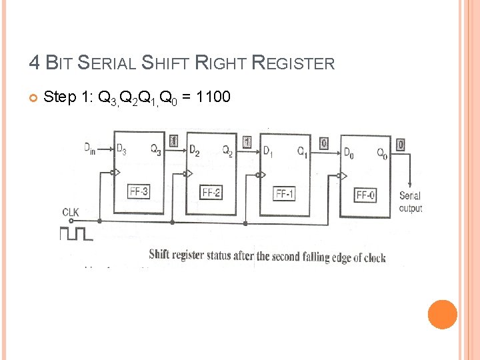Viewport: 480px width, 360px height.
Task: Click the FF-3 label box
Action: click(x=139, y=192)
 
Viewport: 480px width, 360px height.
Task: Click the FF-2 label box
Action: click(x=212, y=193)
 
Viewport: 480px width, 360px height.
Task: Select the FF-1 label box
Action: click(x=285, y=194)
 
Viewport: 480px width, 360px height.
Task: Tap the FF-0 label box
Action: click(x=366, y=195)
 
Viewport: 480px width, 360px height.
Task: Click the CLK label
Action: click(x=71, y=212)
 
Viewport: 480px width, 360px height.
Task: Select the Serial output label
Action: click(x=410, y=202)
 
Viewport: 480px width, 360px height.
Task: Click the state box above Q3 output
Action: click(x=174, y=141)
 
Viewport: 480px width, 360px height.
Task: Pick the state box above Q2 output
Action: click(x=247, y=141)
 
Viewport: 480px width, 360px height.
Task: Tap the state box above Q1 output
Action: click(x=324, y=143)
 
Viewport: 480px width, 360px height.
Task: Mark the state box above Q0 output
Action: click(x=400, y=144)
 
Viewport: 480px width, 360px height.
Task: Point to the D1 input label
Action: click(x=268, y=151)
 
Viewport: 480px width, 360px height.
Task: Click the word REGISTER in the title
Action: click(x=293, y=63)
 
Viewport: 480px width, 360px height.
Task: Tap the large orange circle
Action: click(x=443, y=314)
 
